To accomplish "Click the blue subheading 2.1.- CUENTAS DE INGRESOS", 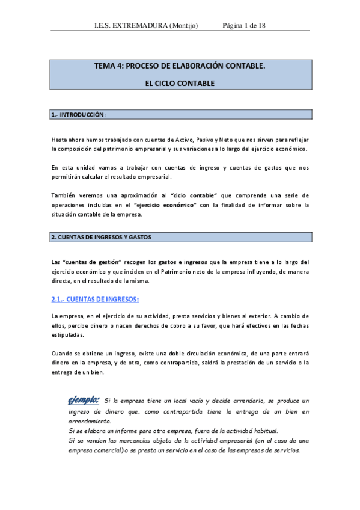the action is pyautogui.click(x=95, y=299).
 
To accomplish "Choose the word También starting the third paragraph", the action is pyautogui.click(x=64, y=195).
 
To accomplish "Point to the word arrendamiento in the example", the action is pyautogui.click(x=85, y=422).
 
